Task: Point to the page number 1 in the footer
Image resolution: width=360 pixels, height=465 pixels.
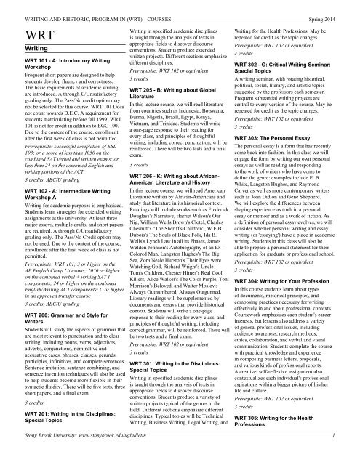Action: pyautogui.click(x=353, y=457)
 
